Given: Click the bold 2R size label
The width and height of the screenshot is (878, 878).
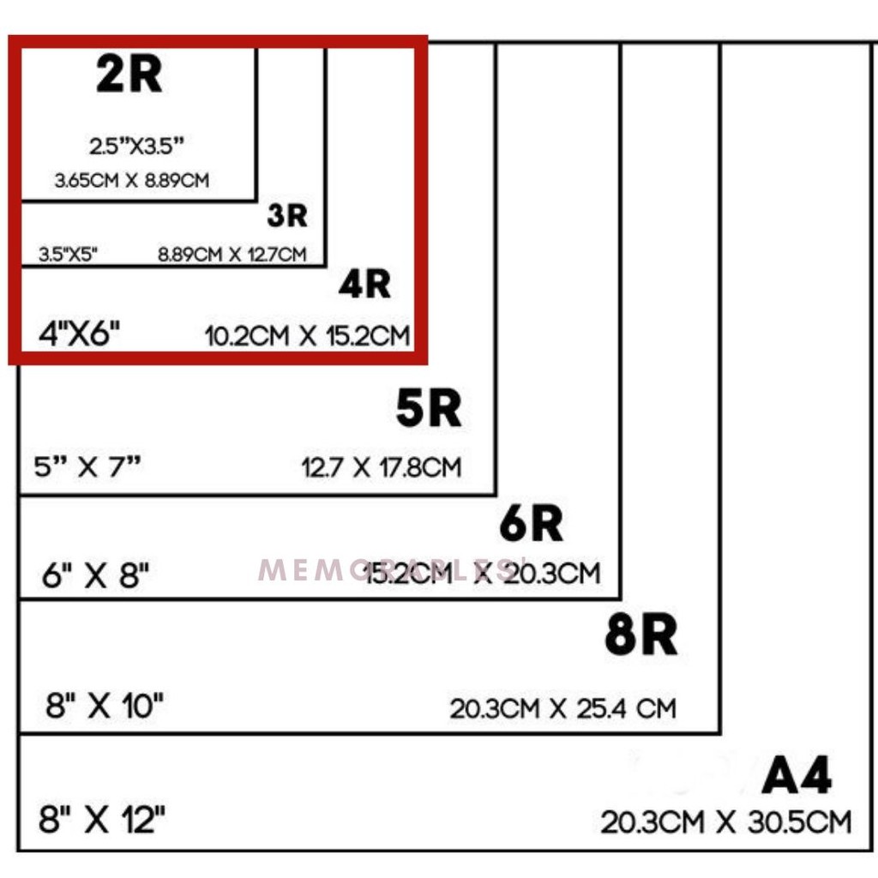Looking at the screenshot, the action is tap(129, 76).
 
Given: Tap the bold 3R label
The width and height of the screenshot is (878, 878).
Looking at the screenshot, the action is tap(286, 216).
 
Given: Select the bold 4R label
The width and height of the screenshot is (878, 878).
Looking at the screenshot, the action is tap(364, 285).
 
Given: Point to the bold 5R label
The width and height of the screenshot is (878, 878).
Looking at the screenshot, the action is tap(428, 409).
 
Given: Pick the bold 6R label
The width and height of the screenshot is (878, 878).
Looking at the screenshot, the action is tap(531, 525).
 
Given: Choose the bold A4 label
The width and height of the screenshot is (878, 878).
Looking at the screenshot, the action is tap(797, 778).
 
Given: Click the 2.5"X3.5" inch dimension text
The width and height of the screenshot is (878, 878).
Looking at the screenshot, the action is tap(137, 146).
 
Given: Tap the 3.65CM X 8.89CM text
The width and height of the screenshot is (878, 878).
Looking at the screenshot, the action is tap(131, 181).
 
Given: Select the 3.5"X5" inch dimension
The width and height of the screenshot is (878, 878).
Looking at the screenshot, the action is tap(69, 254).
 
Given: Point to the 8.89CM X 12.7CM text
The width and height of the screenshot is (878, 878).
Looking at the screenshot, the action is tap(232, 254).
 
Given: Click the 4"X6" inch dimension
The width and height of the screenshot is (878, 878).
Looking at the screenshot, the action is tap(79, 334).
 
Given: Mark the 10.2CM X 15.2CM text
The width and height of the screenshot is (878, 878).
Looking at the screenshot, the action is tap(308, 335).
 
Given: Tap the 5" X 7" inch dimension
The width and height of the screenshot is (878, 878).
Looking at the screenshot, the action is tap(87, 467).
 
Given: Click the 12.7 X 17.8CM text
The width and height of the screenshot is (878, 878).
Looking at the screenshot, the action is tap(382, 467).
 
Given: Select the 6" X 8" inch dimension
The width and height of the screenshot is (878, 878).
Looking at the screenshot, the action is tap(95, 574).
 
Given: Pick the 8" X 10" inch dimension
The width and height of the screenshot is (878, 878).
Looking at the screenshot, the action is tap(105, 707).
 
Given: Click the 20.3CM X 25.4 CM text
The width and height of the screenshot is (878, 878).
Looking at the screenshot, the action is tap(562, 709).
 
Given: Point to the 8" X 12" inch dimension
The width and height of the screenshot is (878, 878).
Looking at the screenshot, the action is tap(101, 820).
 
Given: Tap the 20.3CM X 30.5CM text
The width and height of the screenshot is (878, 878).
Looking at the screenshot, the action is tap(725, 822).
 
